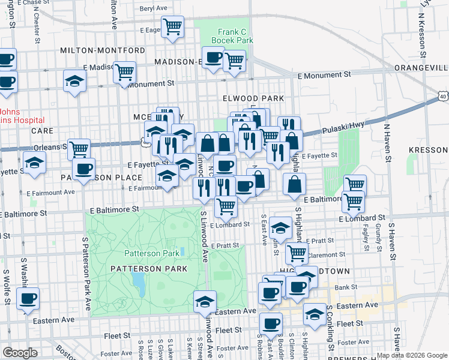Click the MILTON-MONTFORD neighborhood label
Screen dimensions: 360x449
(x=103, y=50)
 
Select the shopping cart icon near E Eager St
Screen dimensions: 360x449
(x=173, y=26)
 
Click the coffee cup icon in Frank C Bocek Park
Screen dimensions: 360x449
(x=213, y=58)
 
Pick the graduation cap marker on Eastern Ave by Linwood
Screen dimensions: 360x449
(x=205, y=301)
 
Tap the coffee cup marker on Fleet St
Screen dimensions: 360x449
(x=271, y=324)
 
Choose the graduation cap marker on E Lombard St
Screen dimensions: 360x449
(x=280, y=227)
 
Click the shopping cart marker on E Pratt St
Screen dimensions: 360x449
(x=296, y=254)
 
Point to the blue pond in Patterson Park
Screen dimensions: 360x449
(x=139, y=280)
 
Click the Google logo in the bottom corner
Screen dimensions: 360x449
(x=20, y=353)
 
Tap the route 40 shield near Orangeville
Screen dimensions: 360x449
(x=442, y=96)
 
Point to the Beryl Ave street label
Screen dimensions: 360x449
(x=153, y=8)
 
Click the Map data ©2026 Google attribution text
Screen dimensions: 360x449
(x=412, y=355)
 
